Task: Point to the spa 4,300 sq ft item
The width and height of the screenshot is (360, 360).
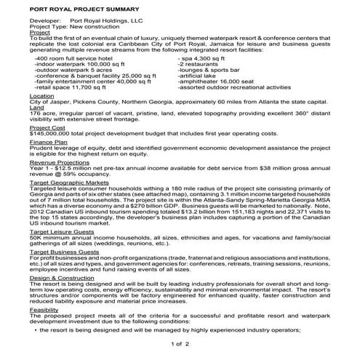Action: tap(201, 57)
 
